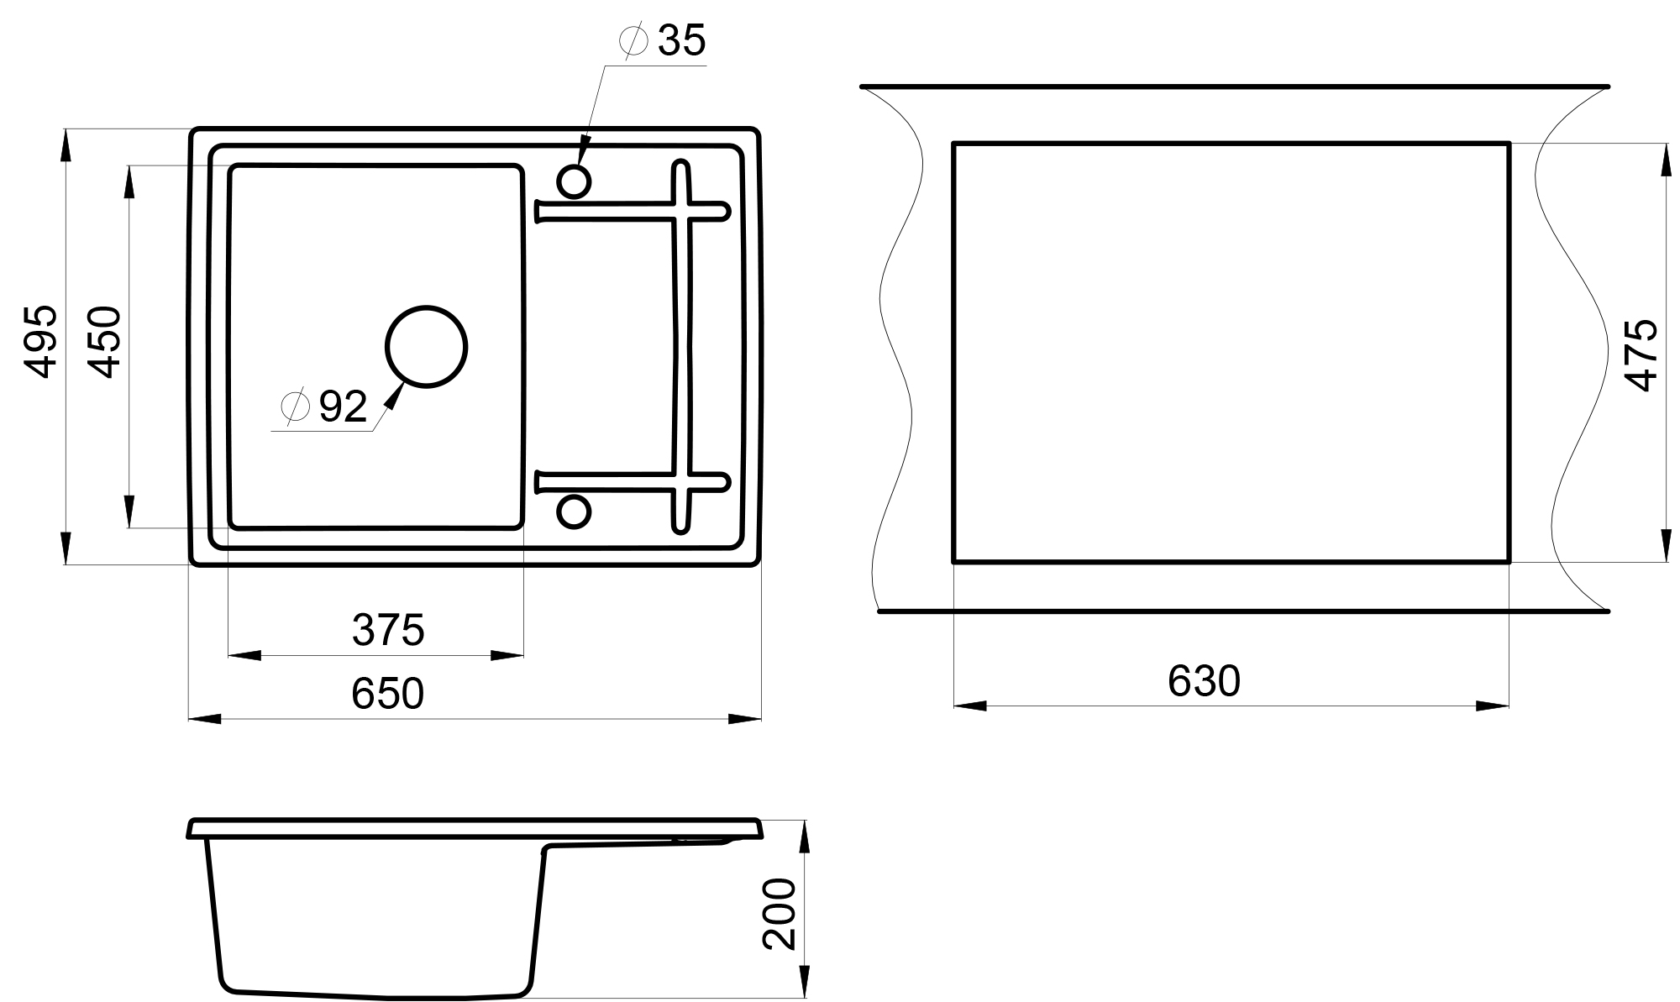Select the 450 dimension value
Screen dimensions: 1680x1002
106,342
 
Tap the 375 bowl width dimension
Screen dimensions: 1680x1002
388,630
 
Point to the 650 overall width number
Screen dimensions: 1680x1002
388,694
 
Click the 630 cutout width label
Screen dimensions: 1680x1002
1204,681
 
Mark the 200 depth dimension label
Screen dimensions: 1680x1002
780,914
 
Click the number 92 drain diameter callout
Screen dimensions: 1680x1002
343,407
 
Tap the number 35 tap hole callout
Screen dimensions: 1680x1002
681,40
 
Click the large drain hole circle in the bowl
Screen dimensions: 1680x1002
426,307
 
